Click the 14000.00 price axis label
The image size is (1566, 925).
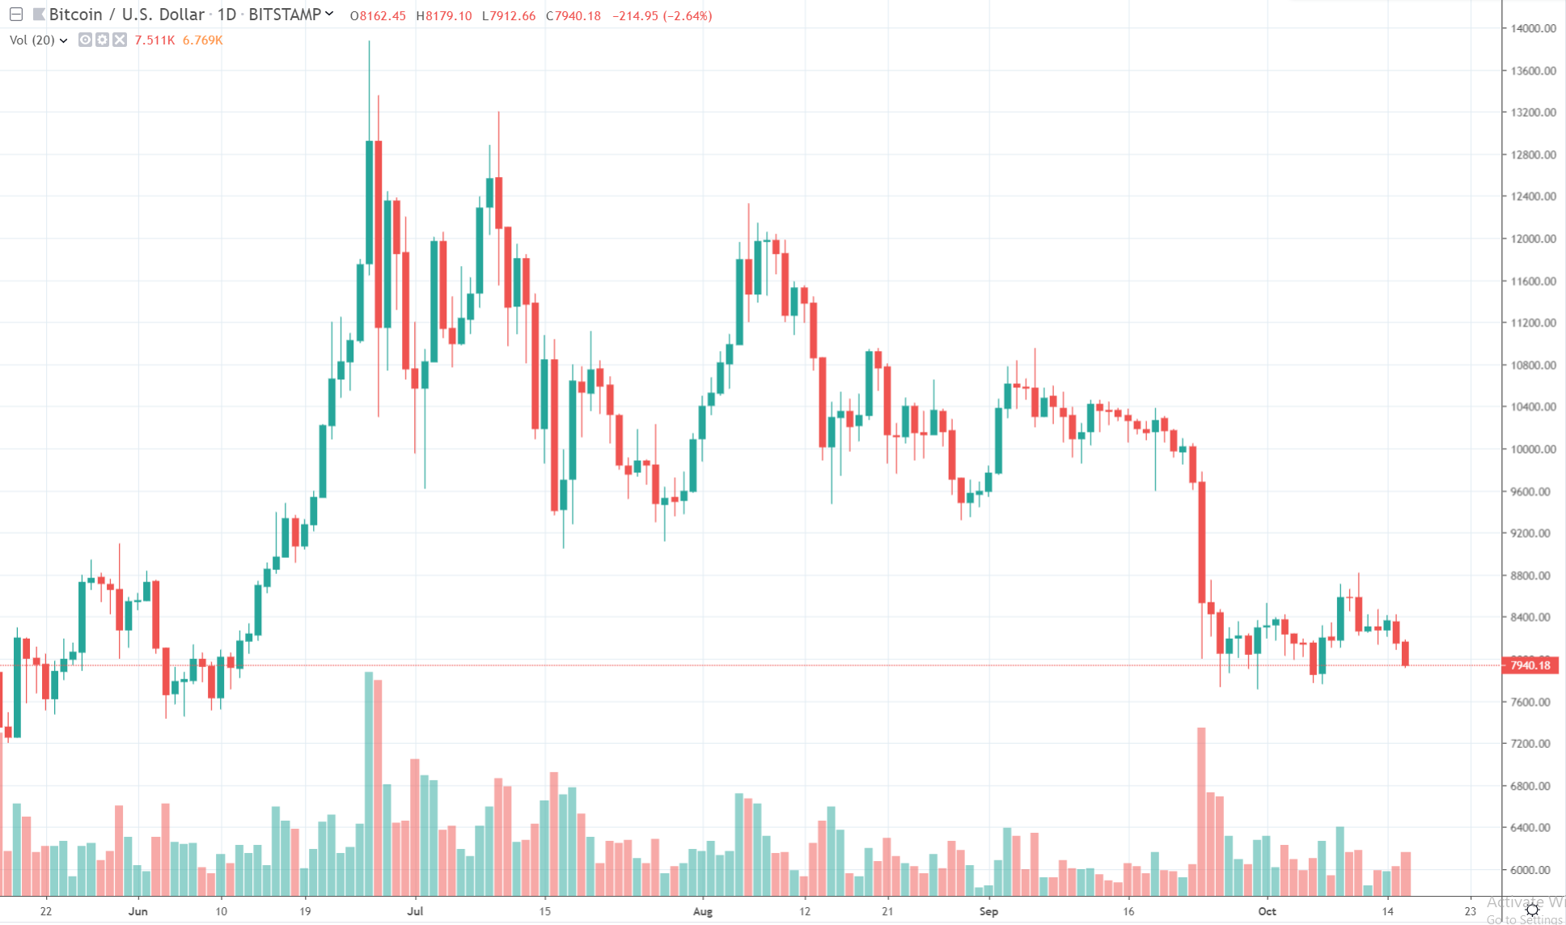click(1533, 28)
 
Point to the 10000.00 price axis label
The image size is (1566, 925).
click(1533, 450)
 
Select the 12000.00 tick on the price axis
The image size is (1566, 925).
click(1533, 239)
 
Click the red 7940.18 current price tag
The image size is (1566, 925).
click(1530, 665)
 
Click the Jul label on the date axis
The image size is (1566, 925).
click(415, 911)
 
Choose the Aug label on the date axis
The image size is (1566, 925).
click(703, 911)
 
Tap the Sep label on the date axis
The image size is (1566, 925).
click(988, 911)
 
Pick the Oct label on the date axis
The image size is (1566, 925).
click(1267, 911)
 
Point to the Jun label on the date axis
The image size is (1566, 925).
click(138, 911)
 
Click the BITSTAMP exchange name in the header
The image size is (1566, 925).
click(285, 15)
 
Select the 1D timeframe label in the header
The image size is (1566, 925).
click(226, 15)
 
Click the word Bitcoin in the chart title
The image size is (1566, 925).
click(75, 15)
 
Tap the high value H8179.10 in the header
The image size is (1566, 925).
click(443, 16)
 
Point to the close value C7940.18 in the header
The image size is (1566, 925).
click(573, 16)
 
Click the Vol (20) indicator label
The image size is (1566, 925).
click(32, 40)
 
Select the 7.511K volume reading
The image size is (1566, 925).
click(154, 40)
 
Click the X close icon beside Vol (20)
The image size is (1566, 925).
click(120, 40)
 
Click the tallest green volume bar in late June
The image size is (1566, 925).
click(369, 784)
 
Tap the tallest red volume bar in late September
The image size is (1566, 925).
click(1201, 809)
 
